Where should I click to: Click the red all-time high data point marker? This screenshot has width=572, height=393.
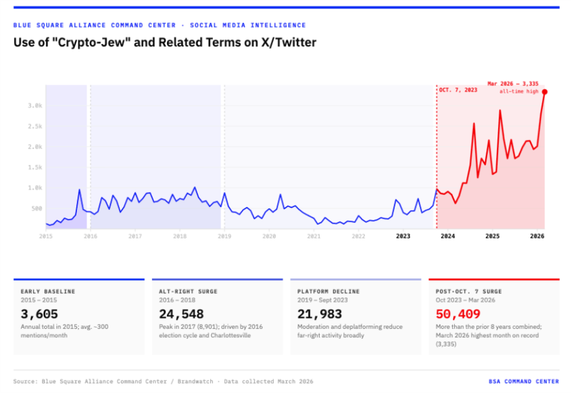tap(544, 92)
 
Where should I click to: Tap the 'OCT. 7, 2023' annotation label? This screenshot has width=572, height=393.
tap(458, 90)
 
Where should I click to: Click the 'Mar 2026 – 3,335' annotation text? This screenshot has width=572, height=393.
tap(513, 83)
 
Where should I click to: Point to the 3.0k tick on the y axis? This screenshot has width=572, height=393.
tap(34, 106)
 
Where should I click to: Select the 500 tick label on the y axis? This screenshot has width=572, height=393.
tap(36, 208)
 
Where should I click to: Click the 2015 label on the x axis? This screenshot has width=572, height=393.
tap(46, 236)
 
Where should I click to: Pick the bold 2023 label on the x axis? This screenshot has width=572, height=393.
tap(403, 236)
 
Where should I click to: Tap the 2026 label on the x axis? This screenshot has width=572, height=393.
tap(537, 236)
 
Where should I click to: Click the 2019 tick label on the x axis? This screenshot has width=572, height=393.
tap(224, 236)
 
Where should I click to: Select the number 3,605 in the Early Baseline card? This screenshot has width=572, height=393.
tap(39, 314)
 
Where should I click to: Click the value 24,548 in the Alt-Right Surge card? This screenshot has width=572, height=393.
tap(182, 314)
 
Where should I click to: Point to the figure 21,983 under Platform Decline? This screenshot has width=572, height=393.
tap(320, 314)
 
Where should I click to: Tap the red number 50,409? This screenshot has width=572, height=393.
tap(458, 314)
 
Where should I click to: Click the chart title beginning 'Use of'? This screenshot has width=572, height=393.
tap(164, 43)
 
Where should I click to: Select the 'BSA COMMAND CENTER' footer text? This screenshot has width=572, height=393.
tap(523, 381)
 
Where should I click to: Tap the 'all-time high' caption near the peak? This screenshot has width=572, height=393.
tap(519, 91)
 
